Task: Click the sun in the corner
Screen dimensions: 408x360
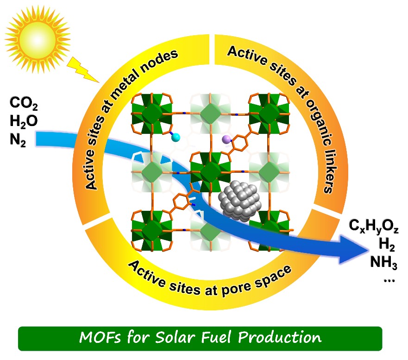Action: (x=38, y=40)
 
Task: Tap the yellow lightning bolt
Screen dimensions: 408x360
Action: (x=83, y=69)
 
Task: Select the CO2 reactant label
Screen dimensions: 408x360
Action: (x=24, y=103)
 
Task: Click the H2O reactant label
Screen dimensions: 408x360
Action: (x=24, y=121)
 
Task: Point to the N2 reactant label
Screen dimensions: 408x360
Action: (x=18, y=140)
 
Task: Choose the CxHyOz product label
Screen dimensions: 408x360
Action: (x=373, y=226)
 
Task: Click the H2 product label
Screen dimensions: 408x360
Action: (x=387, y=245)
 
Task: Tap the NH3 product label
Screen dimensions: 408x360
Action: (x=384, y=262)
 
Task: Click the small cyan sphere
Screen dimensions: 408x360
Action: (x=176, y=137)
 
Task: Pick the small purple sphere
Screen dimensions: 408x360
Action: (x=226, y=139)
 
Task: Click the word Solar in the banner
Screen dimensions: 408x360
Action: (x=175, y=337)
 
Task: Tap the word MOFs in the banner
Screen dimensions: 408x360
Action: (x=100, y=337)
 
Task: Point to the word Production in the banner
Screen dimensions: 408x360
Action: (x=280, y=337)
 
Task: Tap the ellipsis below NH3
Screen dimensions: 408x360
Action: (x=389, y=281)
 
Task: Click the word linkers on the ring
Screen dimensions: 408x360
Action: (x=329, y=171)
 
